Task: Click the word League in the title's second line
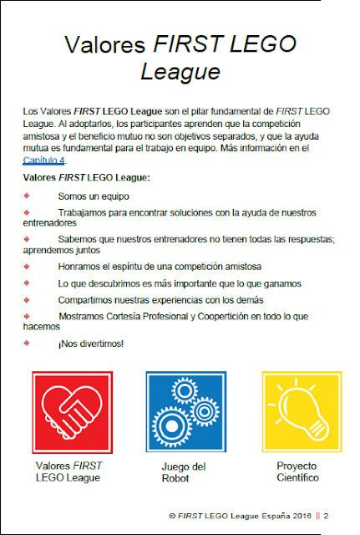(180, 72)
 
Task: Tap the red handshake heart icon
(72, 410)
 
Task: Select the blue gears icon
(185, 410)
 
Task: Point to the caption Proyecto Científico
(298, 471)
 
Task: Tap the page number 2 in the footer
(327, 515)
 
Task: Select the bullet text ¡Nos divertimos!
(90, 344)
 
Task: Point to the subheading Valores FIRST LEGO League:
(86, 177)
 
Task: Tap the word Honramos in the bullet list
(84, 267)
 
